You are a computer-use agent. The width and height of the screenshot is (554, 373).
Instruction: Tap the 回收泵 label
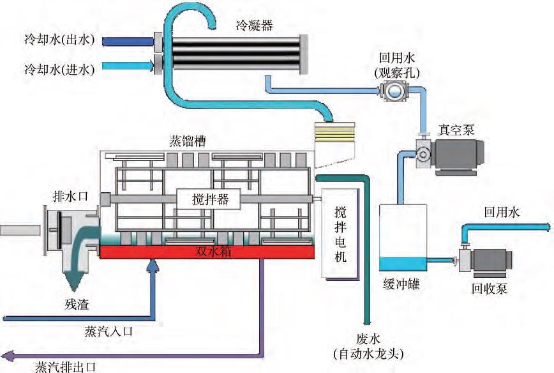coord(490,289)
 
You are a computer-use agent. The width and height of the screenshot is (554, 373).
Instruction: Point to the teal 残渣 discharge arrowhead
coord(78,281)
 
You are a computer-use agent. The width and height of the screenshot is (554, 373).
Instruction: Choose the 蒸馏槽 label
coord(187,141)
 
